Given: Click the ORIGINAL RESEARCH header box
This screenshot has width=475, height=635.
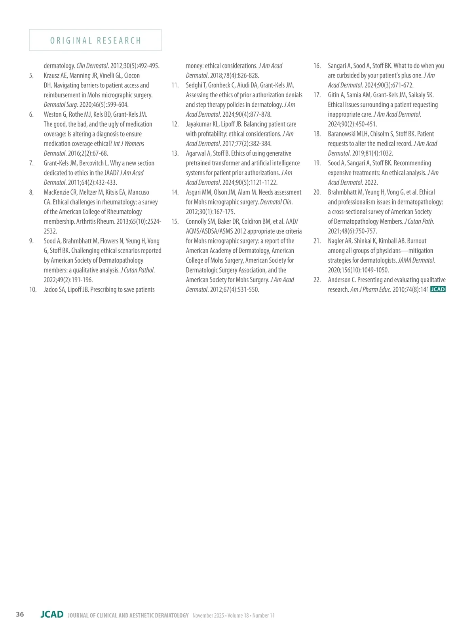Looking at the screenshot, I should (95, 40).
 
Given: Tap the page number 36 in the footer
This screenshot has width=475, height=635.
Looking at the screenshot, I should (20, 614).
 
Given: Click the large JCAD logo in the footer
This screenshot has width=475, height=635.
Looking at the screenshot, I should (52, 614).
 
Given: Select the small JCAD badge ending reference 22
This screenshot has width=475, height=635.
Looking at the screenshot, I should (438, 289).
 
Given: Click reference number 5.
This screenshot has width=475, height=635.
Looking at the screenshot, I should (31, 76).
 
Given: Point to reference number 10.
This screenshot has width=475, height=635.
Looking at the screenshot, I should (33, 289).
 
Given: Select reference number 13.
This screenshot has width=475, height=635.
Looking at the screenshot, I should (175, 153).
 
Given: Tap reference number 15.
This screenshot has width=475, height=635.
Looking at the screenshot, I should (175, 221).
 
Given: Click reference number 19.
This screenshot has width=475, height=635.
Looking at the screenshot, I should (317, 163).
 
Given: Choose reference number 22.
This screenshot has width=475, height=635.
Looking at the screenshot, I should (317, 280).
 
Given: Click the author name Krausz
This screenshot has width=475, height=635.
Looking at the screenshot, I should (52, 76).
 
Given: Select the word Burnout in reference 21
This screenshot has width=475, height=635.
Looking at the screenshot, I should (417, 241).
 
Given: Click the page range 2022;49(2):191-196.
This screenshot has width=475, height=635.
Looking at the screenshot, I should (68, 280).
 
